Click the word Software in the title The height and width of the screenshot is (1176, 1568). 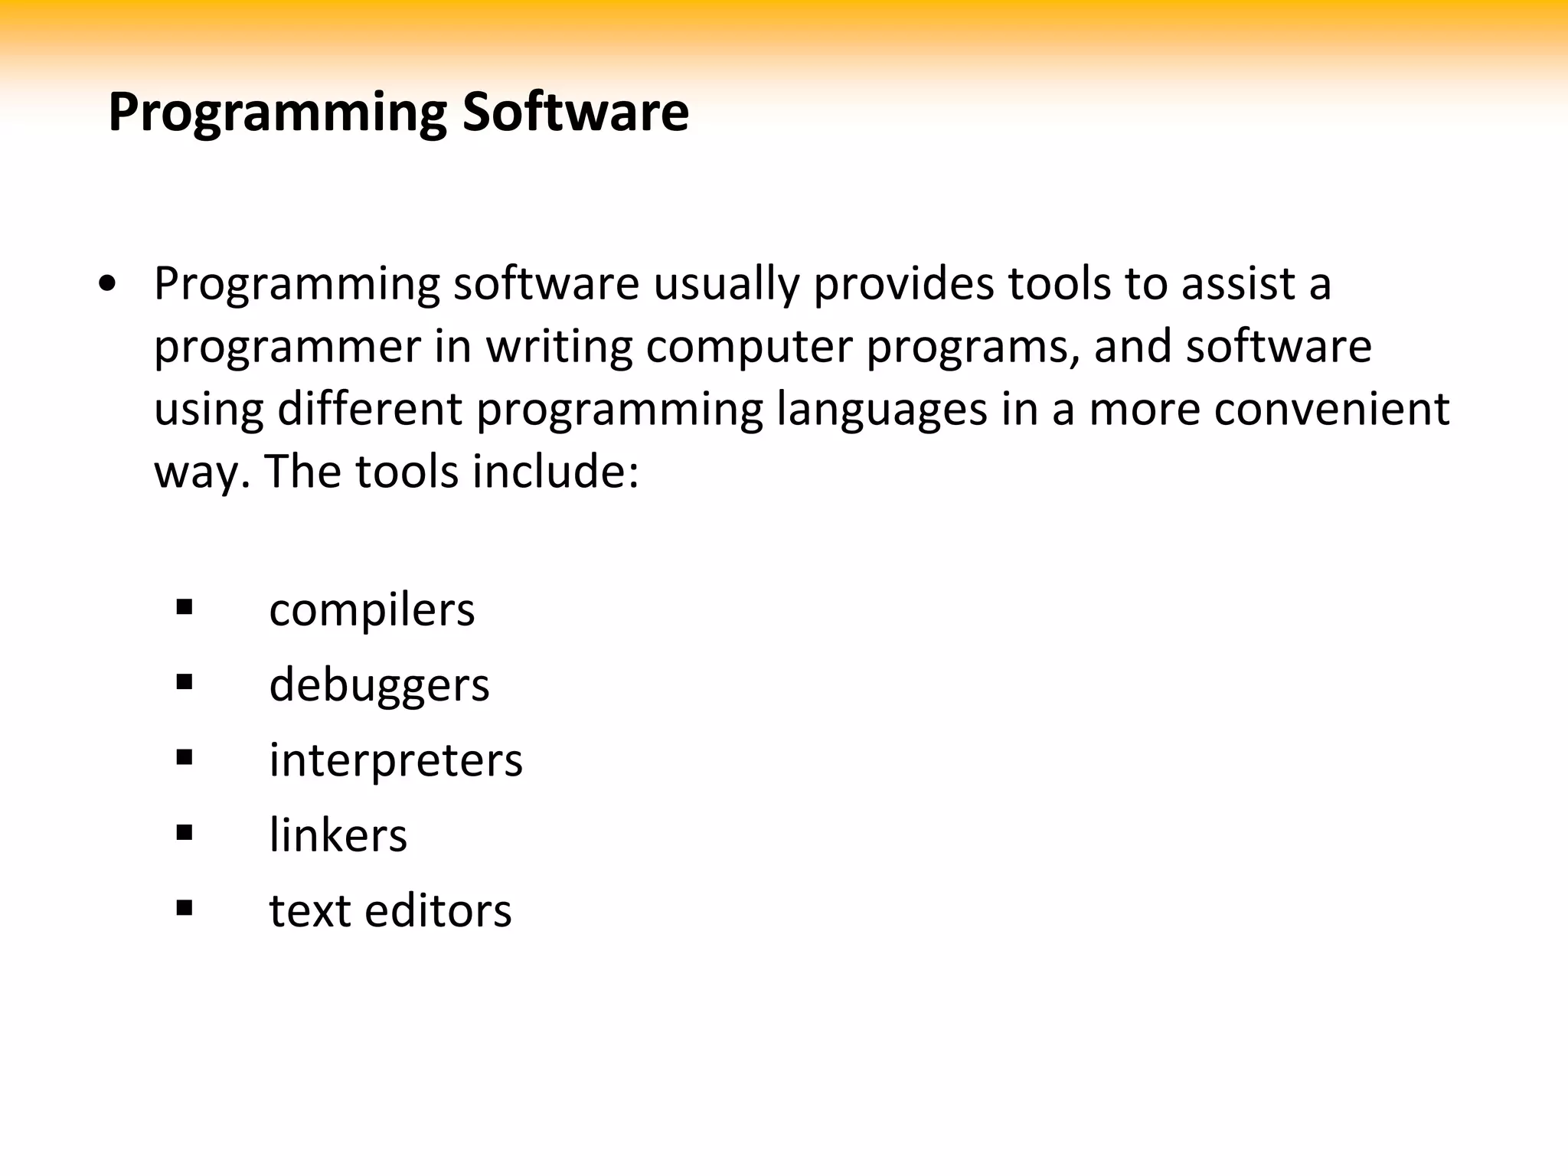[x=575, y=113]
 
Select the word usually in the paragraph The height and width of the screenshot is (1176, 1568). [x=724, y=285]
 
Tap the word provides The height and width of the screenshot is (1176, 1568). [x=902, y=285]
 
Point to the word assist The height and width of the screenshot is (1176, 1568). [x=1238, y=283]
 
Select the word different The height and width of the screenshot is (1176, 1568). [x=369, y=409]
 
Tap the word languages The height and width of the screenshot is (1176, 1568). [x=882, y=410]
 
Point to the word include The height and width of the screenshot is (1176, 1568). [x=554, y=472]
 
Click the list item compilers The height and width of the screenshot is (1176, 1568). [x=372, y=611]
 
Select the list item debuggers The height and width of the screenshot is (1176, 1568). [x=379, y=685]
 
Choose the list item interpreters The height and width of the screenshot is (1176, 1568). [x=396, y=761]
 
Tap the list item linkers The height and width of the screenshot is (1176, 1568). [x=338, y=835]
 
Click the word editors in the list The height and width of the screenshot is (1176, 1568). [x=438, y=911]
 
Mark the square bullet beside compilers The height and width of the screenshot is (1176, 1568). [x=184, y=609]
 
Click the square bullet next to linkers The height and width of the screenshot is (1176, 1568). [x=184, y=833]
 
